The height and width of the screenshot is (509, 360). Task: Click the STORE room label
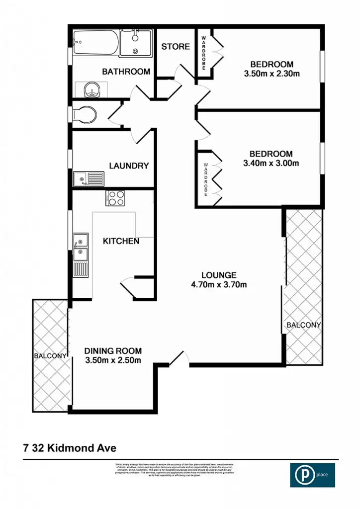point(176,47)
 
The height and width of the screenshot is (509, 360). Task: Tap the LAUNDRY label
point(129,166)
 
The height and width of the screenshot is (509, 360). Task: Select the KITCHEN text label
point(121,241)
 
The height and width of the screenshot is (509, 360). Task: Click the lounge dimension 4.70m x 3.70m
point(219,285)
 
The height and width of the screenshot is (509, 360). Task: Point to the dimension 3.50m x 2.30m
point(271,74)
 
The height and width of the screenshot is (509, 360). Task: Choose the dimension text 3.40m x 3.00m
point(271,163)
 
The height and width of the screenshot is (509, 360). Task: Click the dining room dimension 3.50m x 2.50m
point(112,360)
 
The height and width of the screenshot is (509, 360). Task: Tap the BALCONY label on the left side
point(50,356)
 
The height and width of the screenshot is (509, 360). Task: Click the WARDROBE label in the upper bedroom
point(203,53)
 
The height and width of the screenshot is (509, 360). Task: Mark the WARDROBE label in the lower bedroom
point(205,178)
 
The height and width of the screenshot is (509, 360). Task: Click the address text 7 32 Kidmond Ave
point(69,448)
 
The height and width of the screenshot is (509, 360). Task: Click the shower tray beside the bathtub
point(136,43)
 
